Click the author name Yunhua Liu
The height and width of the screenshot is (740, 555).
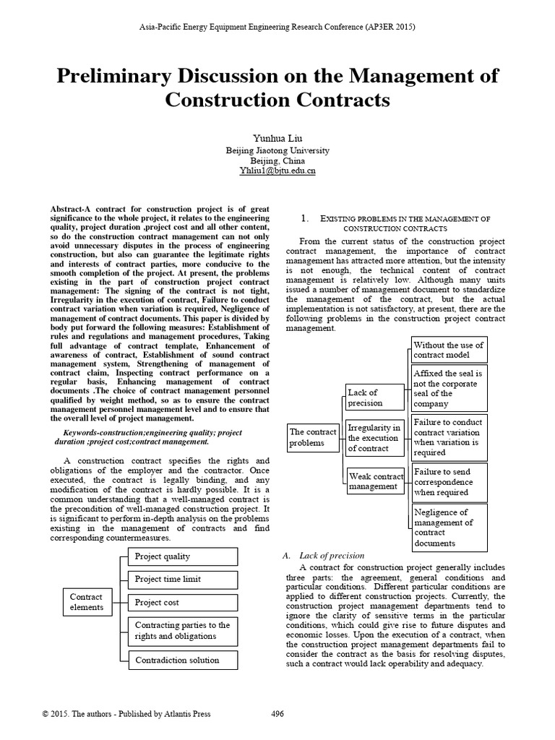click(x=277, y=138)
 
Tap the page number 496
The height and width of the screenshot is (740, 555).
click(x=277, y=714)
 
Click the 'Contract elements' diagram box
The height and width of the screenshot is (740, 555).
click(x=87, y=602)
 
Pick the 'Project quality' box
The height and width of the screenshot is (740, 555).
click(x=183, y=556)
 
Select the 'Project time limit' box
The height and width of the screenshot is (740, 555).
click(x=183, y=579)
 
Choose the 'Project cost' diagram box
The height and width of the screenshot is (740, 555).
click(x=183, y=602)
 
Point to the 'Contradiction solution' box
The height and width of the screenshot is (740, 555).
click(x=183, y=660)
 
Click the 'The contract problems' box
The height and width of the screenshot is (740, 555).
click(x=313, y=437)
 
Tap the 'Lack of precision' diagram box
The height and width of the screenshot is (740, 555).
click(x=371, y=397)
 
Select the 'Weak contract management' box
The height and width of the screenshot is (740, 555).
click(x=376, y=481)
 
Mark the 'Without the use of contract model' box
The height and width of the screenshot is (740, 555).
click(x=449, y=350)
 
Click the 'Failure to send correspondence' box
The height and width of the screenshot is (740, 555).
click(x=449, y=482)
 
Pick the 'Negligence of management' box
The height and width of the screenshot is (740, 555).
click(x=449, y=528)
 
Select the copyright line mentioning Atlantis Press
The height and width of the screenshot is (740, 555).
click(x=127, y=714)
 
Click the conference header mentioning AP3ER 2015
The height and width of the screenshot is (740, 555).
click(x=277, y=27)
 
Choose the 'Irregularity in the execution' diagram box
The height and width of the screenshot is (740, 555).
click(x=374, y=438)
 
